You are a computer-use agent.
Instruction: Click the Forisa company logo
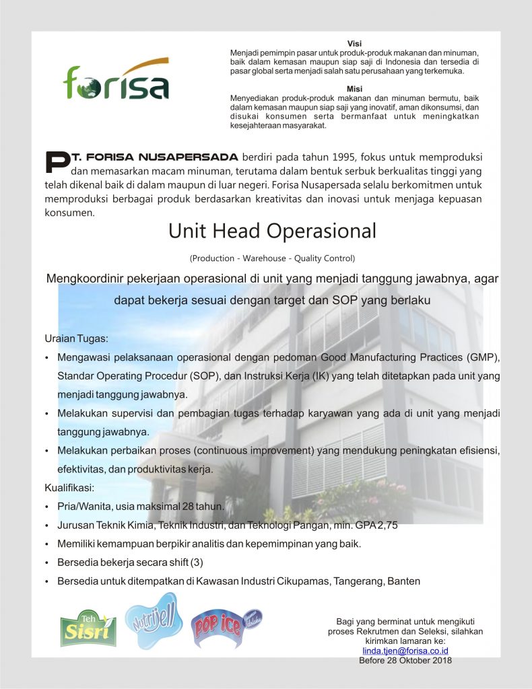coord(116,80)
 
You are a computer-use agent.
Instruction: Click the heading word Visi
coord(354,44)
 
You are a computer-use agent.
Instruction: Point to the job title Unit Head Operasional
coord(272,231)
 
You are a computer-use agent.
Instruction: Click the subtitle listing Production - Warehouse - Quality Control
coord(272,258)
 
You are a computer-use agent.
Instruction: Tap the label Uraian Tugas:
coord(76,338)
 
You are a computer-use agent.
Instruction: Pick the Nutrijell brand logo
coord(154,620)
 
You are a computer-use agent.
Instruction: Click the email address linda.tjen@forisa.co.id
coord(405,651)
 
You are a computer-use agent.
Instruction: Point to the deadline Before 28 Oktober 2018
coord(405,660)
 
